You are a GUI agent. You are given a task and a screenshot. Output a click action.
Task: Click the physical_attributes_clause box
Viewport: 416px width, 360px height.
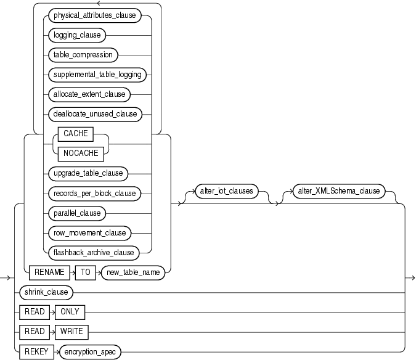(x=95, y=14)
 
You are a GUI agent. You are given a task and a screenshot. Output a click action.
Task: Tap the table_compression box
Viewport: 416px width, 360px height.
(x=83, y=54)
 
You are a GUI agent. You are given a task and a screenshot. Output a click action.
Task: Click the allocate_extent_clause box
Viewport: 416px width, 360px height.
(x=89, y=94)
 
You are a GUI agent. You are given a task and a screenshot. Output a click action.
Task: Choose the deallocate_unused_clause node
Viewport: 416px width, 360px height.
(x=95, y=113)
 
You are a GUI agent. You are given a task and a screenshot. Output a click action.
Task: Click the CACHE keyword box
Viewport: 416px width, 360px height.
(x=76, y=133)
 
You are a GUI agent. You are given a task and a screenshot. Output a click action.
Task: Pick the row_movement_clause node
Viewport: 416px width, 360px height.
(x=89, y=232)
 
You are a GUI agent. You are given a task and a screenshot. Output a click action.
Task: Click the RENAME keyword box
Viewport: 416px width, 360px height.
(x=49, y=272)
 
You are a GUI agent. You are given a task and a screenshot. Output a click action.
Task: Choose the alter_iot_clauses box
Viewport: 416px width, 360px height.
(x=226, y=191)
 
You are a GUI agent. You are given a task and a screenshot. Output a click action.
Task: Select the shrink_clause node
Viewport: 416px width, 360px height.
(x=46, y=292)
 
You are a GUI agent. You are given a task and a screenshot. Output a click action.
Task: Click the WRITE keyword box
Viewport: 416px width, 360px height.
(x=71, y=331)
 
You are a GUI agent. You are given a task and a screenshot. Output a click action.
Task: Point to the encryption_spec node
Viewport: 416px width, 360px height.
(x=91, y=351)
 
